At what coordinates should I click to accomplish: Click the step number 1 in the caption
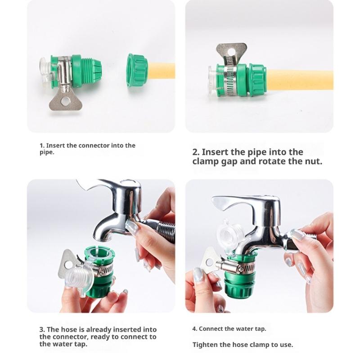click(41, 145)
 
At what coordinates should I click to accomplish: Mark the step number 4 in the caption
click(194, 329)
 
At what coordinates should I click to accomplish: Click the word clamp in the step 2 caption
click(205, 161)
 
